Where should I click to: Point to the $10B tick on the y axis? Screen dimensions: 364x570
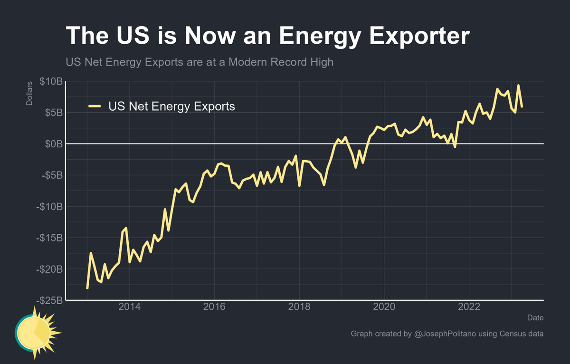(50, 82)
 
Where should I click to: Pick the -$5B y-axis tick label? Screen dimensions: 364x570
(51, 175)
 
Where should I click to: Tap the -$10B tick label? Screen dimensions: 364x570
(49, 207)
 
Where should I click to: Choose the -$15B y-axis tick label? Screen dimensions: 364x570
(49, 238)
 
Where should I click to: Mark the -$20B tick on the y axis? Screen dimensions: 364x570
(49, 269)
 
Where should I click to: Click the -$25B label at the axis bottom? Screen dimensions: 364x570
(49, 300)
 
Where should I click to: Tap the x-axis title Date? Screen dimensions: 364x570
(535, 317)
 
